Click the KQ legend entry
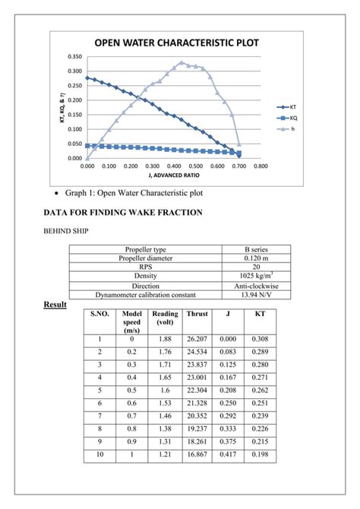[292, 119]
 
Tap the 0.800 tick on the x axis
[261, 165]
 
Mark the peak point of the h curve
[181, 62]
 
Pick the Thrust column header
[197, 314]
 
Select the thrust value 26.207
[197, 339]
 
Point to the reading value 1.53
[165, 403]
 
